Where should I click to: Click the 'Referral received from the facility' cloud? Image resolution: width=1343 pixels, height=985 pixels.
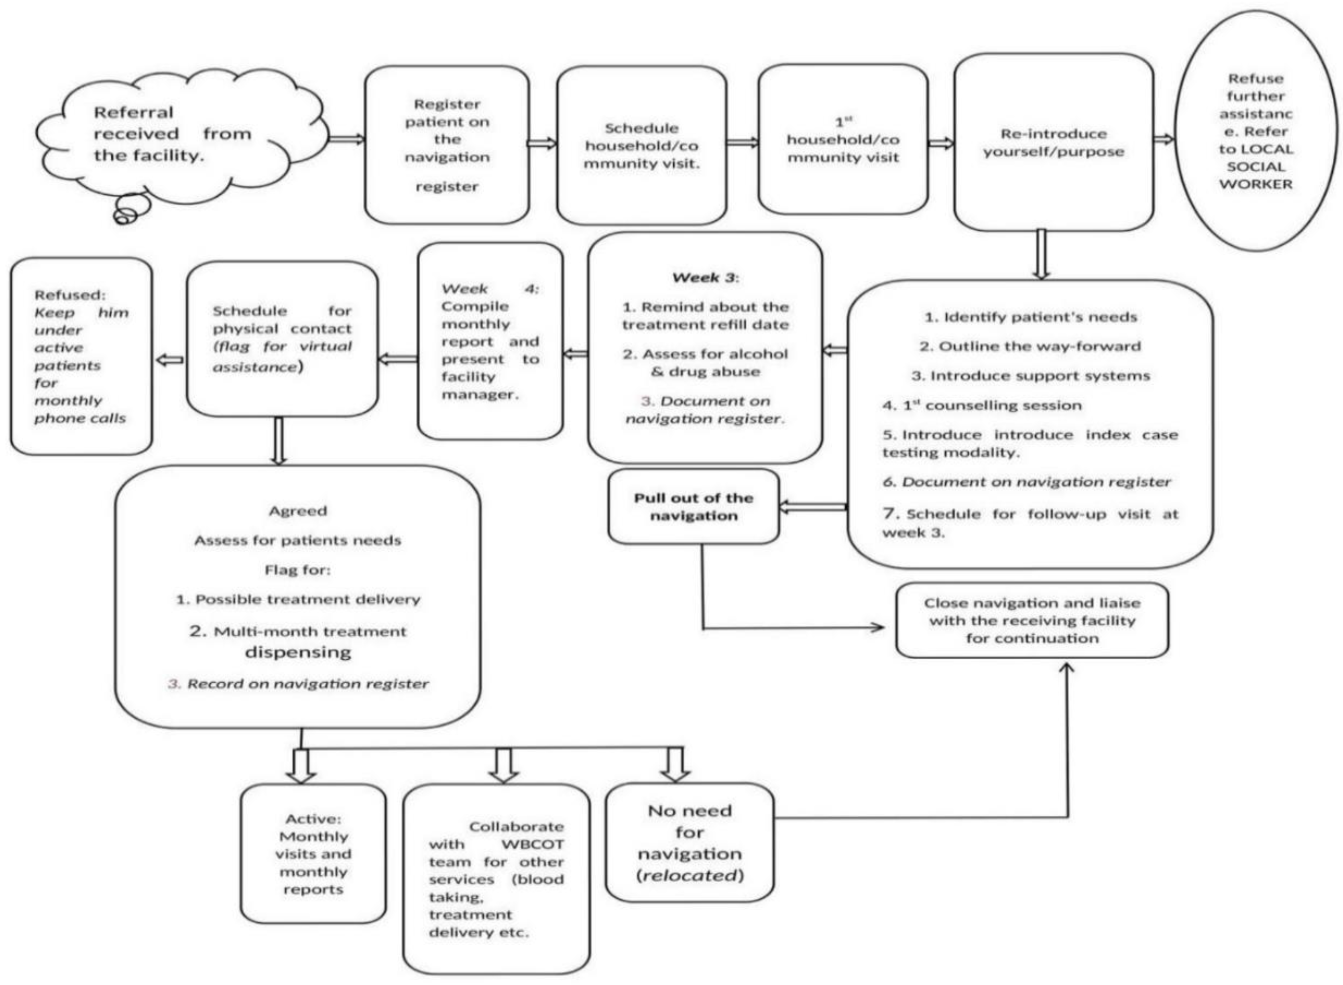pyautogui.click(x=173, y=134)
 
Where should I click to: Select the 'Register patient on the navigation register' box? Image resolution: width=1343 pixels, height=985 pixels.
pyautogui.click(x=447, y=145)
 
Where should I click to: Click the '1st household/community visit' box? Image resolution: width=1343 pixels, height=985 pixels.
pyautogui.click(x=842, y=140)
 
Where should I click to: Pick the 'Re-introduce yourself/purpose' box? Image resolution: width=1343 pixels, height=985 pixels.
pyautogui.click(x=1053, y=143)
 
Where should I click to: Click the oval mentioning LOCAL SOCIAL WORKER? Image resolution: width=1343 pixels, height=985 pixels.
pyautogui.click(x=1256, y=131)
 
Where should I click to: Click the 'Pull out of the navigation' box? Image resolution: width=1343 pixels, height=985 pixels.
pyautogui.click(x=693, y=507)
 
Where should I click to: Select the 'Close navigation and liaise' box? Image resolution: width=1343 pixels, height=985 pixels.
pyautogui.click(x=1032, y=621)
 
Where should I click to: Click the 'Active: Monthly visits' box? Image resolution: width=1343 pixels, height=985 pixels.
pyautogui.click(x=313, y=854)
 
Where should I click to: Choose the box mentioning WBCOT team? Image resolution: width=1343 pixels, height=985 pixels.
pyautogui.click(x=496, y=879)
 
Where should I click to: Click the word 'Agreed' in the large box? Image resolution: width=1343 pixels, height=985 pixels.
pyautogui.click(x=297, y=511)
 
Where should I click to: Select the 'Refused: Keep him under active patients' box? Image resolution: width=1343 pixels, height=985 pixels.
pyautogui.click(x=81, y=357)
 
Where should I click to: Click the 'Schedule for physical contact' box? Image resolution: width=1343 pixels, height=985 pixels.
pyautogui.click(x=282, y=339)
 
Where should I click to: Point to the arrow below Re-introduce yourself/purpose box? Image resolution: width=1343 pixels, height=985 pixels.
pyautogui.click(x=1041, y=255)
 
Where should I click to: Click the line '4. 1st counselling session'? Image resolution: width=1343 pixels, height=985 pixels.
pyautogui.click(x=982, y=406)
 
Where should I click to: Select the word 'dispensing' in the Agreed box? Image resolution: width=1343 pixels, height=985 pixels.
pyautogui.click(x=298, y=652)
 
